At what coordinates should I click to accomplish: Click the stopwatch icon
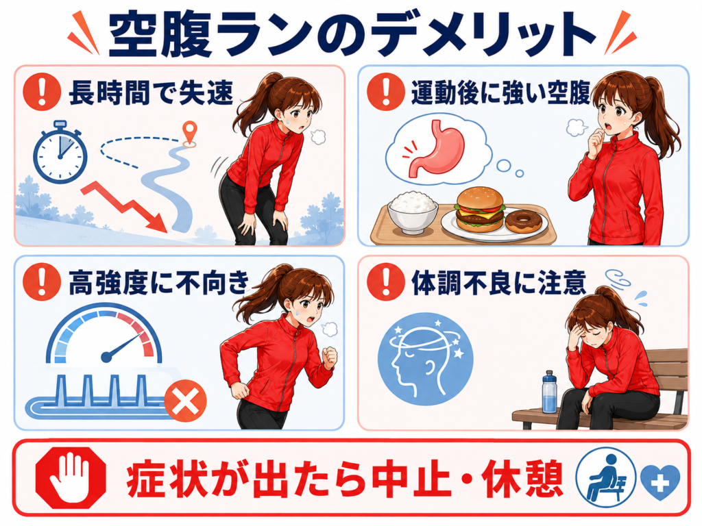click(x=60, y=152)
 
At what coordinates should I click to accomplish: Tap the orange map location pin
click(x=190, y=133)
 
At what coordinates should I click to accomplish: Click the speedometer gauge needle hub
click(x=106, y=356)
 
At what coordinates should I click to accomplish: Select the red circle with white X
click(x=185, y=400)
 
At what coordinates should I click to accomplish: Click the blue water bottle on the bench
click(x=549, y=392)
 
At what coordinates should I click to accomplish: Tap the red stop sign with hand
click(x=71, y=477)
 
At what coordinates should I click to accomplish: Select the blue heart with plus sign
click(x=660, y=481)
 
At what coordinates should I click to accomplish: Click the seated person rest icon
click(x=606, y=477)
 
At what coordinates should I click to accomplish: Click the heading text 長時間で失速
click(x=151, y=93)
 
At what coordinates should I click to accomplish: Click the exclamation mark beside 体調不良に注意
click(x=385, y=281)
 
